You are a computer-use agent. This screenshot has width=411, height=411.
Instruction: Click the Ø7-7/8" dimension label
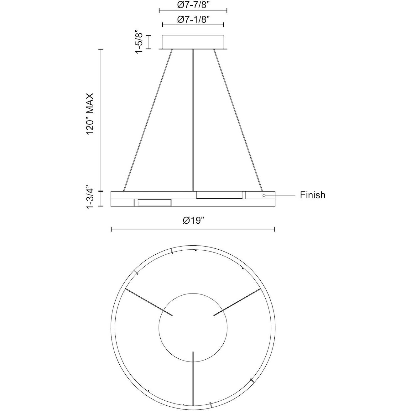tap(193, 5)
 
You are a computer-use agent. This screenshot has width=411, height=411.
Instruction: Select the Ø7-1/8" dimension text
tap(193, 19)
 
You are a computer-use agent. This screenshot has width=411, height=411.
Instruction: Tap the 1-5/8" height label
tap(139, 42)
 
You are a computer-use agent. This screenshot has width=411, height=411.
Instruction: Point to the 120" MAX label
tap(90, 114)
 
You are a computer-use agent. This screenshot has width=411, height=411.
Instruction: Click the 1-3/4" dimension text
tap(90, 199)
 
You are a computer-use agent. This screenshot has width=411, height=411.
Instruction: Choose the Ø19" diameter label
tap(194, 221)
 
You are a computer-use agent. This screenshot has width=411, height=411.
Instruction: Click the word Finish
tap(312, 195)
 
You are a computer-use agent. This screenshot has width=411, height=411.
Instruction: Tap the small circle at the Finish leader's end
tap(264, 195)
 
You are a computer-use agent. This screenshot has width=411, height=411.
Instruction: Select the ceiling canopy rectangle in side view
tap(193, 42)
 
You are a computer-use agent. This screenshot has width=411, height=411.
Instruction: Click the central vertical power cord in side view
tap(193, 119)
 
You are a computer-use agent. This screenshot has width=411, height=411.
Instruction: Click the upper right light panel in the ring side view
tap(219, 195)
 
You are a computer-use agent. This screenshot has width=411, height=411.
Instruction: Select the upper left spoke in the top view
tap(149, 302)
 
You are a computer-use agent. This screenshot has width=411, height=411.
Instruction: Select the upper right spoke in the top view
tap(237, 302)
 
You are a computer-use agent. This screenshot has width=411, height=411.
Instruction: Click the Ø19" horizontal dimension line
tap(193, 230)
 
